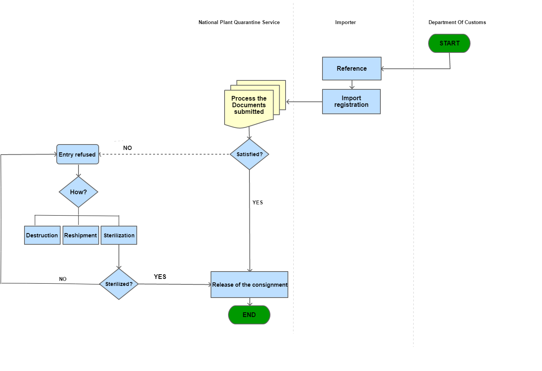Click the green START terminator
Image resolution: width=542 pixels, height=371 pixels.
[449, 43]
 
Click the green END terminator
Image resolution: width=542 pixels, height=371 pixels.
[249, 315]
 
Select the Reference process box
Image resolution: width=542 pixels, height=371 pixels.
[352, 69]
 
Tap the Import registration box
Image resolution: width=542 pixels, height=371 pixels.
[351, 102]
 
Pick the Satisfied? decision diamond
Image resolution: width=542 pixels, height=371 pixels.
[249, 154]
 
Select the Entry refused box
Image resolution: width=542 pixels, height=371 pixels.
[78, 154]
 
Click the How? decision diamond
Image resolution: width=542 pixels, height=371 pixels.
[78, 192]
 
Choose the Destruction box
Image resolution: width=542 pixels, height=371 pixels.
[42, 235]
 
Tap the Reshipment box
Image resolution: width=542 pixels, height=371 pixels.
[80, 235]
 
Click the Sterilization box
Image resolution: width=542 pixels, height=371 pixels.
[119, 235]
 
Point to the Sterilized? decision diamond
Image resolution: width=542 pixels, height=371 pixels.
[119, 284]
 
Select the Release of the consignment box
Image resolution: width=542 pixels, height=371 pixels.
[249, 285]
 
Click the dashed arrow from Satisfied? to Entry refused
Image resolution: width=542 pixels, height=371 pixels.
[163, 154]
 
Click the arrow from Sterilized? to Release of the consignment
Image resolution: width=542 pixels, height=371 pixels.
[175, 284]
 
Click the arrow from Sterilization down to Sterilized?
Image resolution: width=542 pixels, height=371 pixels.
[119, 256]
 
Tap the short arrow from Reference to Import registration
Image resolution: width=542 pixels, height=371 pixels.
[352, 85]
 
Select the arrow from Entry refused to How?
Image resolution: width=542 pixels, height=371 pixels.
[78, 170]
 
